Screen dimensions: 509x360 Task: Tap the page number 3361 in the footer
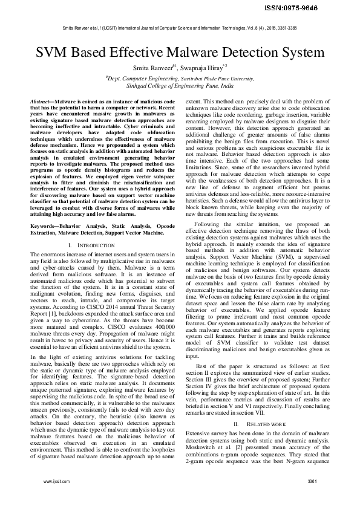312,498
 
